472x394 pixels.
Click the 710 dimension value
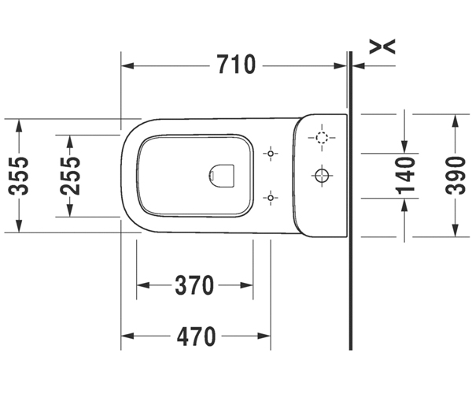[236, 65]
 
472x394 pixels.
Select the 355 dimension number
[19, 176]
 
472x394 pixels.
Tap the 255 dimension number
[70, 176]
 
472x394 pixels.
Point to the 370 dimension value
[194, 285]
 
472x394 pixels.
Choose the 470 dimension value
[196, 336]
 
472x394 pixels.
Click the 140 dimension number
[405, 176]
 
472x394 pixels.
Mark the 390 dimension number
[455, 176]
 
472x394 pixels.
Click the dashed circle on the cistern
[322, 137]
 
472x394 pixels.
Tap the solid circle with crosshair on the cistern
[322, 175]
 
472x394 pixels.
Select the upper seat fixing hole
[271, 154]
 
